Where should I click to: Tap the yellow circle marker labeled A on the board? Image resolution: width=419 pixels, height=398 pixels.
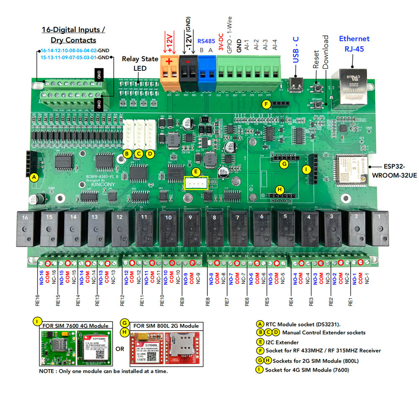(35, 177)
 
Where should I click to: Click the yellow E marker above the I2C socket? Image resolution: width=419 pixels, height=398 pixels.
(195, 172)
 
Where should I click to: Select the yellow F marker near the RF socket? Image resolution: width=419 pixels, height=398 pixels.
(265, 105)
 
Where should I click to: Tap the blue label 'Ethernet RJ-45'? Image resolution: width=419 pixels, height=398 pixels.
(354, 44)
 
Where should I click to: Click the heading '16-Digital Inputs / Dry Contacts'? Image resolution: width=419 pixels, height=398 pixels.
(73, 35)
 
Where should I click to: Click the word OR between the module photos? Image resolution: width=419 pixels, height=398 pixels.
(119, 349)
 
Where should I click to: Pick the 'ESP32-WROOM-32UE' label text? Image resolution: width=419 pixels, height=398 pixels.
(393, 170)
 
